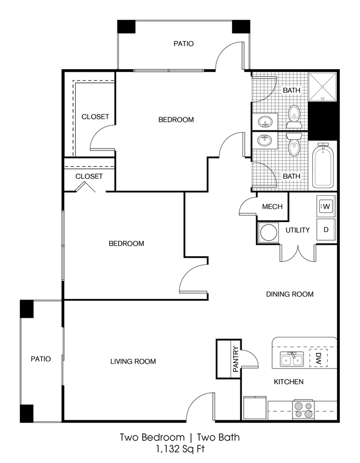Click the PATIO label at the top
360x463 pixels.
183,43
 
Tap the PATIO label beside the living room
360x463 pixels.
41,359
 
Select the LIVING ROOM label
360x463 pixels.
133,361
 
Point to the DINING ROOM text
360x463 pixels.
290,294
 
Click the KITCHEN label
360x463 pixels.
289,381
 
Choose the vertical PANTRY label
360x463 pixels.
235,360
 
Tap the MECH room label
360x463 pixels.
272,207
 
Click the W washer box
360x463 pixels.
325,207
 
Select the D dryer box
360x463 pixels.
325,229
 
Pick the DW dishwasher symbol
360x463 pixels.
318,358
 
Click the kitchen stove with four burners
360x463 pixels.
303,410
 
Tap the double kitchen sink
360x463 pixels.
291,360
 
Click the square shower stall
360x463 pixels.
322,87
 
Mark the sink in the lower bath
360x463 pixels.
265,140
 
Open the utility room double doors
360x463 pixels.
297,253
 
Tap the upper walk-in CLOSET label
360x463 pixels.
95,117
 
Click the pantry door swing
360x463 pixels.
250,359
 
